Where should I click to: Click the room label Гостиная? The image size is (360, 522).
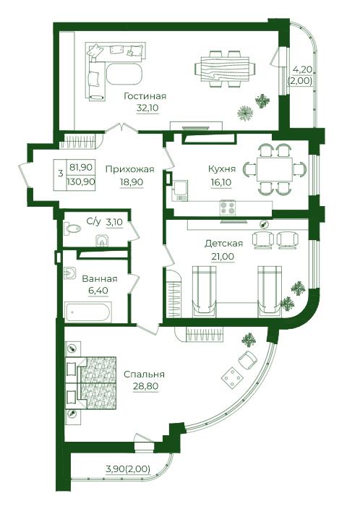point(145,97)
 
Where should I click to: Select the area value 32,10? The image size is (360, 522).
point(147,108)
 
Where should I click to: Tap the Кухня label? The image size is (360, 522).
point(222,168)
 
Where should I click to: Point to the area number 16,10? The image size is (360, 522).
point(221,182)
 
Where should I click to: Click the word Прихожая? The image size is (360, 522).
point(130,169)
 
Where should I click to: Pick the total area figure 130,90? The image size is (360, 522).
point(81,182)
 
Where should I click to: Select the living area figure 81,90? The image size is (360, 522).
point(81,167)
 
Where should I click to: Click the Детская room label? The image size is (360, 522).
point(223,244)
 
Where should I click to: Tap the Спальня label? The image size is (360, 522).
point(144,375)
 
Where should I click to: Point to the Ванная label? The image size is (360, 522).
point(100,278)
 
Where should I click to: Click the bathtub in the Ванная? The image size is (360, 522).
point(87,312)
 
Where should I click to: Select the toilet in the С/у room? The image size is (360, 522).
point(73,228)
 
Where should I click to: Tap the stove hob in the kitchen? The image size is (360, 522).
point(227,207)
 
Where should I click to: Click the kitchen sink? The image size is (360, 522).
point(180,190)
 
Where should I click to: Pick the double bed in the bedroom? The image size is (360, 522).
point(91,383)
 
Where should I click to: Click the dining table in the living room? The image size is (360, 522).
point(222,69)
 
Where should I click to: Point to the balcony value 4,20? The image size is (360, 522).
point(302,69)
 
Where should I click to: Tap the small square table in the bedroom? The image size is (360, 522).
point(232,377)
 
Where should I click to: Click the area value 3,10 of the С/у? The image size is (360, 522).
point(114,222)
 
